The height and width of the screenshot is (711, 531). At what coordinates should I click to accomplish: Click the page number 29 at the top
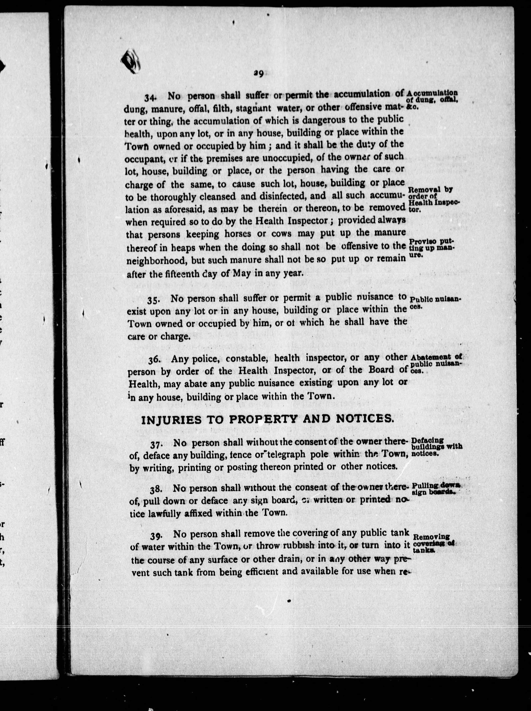coord(258,74)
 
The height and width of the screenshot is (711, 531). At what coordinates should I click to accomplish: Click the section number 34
coord(150,97)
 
